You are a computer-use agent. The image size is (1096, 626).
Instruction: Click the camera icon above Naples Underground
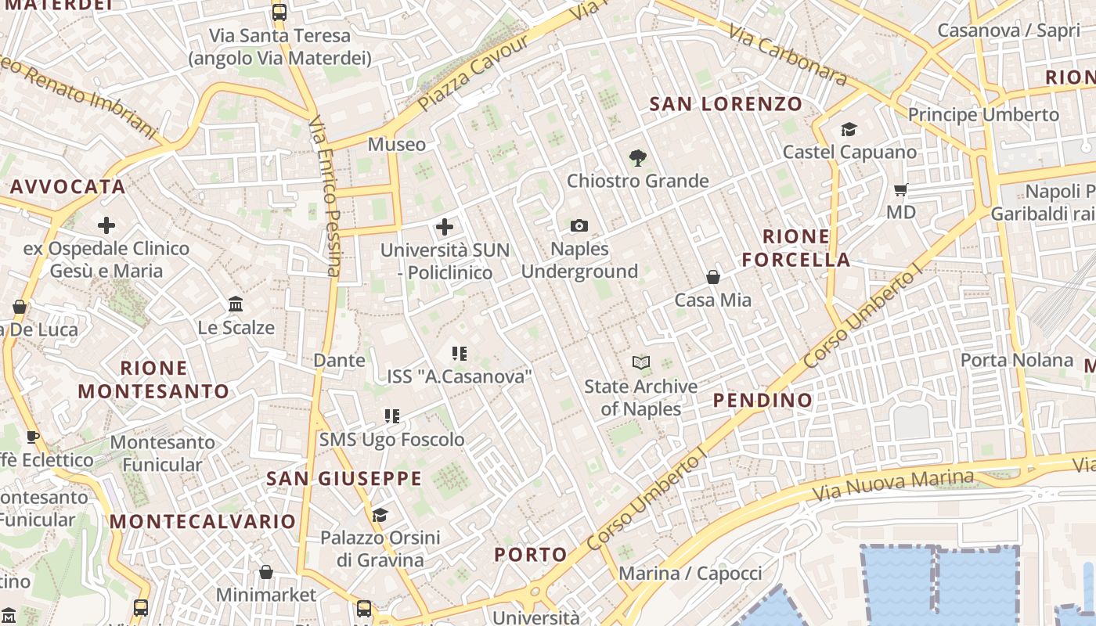[579, 226]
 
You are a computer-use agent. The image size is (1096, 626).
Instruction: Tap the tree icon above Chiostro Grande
[638, 158]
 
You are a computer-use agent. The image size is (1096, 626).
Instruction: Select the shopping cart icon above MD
[901, 189]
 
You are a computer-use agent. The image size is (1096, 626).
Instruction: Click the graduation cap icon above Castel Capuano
[849, 129]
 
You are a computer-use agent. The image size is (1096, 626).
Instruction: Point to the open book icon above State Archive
[641, 362]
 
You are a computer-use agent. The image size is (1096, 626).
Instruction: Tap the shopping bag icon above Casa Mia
[713, 277]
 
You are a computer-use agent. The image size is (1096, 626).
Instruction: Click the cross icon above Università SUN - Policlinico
[445, 227]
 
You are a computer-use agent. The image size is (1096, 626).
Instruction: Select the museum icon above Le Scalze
[236, 304]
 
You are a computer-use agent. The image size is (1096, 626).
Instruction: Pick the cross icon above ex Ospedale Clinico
[106, 226]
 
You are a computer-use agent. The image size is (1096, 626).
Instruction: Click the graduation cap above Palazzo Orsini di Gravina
[380, 515]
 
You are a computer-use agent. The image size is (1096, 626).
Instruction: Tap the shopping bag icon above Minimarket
[266, 572]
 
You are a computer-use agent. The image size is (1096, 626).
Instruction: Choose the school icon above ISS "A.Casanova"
[460, 354]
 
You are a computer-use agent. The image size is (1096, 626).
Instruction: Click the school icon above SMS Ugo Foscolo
[392, 416]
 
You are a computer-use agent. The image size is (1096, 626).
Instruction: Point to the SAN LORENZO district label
[726, 104]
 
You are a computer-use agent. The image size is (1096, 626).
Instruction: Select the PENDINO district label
[763, 401]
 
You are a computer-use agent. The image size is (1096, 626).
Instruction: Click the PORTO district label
[531, 555]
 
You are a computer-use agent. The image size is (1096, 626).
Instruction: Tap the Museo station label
[397, 145]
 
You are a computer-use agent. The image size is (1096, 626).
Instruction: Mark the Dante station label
[339, 360]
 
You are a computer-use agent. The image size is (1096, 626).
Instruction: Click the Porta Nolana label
[1016, 360]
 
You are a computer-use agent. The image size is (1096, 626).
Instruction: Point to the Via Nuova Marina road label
[892, 485]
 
